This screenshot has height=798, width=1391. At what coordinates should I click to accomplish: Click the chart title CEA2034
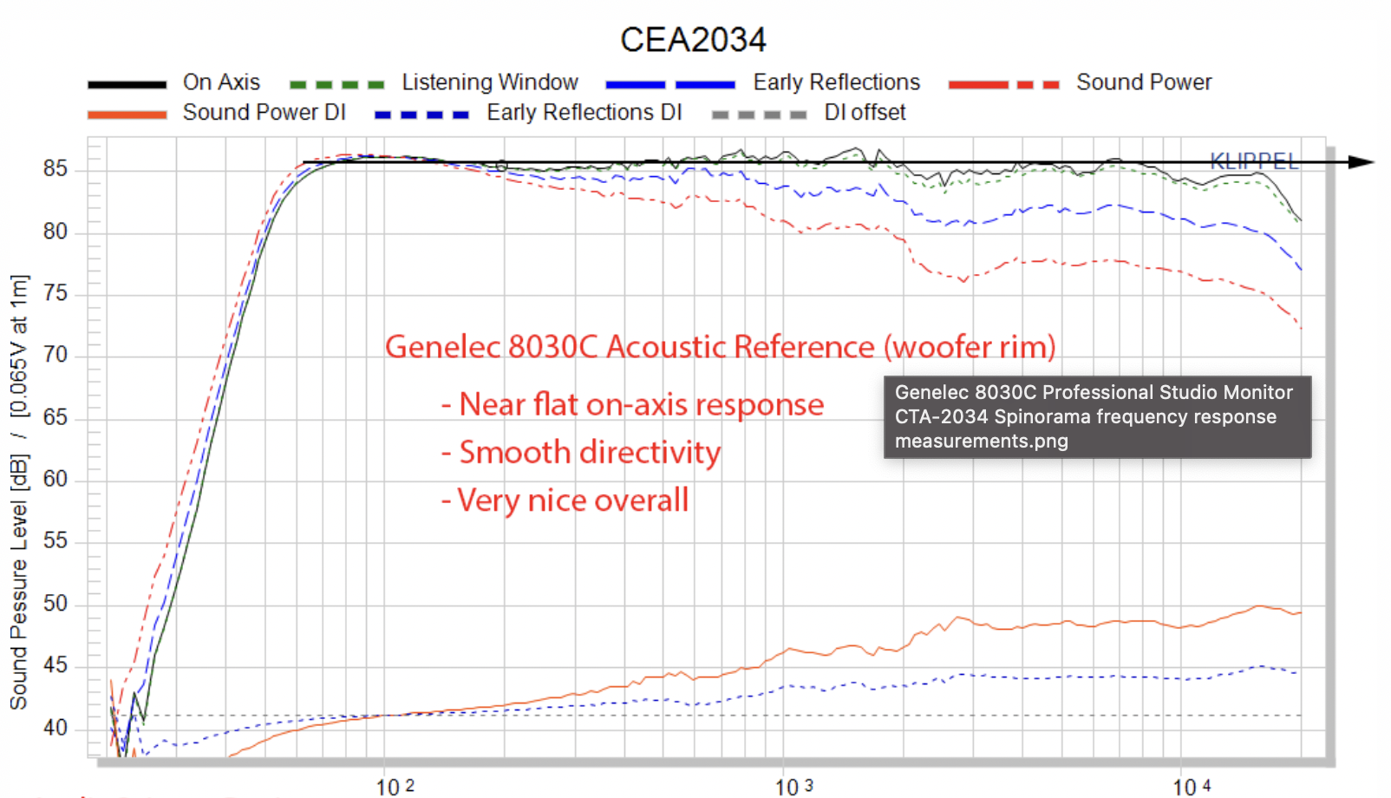693,40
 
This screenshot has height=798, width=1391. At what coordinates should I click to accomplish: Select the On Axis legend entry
221,82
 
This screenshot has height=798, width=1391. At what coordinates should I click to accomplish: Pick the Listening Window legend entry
489,82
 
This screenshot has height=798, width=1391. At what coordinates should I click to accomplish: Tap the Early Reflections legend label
836,82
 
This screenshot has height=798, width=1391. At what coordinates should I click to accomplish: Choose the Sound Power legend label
1144,82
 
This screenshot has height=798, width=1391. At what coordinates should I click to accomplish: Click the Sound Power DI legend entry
264,113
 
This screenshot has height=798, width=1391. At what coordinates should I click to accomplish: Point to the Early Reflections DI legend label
584,113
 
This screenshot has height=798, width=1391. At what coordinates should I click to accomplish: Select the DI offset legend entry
865,113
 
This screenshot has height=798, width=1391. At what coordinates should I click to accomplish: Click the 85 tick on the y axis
56,168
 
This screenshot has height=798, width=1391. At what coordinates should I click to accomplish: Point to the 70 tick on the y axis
56,355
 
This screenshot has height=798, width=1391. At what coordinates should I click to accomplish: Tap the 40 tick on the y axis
56,728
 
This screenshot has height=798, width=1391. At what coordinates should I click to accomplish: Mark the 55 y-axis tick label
56,541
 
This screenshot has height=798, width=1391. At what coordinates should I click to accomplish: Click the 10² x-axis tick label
395,787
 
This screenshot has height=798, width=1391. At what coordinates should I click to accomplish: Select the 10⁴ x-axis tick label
1192,787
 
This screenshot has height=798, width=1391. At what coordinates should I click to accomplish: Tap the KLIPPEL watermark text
1253,160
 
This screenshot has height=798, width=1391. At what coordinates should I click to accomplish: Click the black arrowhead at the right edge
1362,162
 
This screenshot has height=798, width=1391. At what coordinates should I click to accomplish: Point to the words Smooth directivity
590,453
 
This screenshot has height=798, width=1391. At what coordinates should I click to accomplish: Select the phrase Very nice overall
572,500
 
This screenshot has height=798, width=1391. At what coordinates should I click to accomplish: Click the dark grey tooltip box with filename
1097,417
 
